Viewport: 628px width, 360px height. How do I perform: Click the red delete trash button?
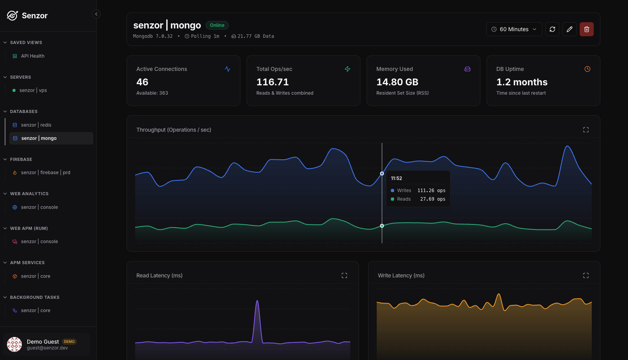click(x=586, y=29)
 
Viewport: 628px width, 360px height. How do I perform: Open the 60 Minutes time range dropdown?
click(x=514, y=29)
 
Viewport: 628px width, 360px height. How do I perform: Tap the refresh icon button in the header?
click(x=552, y=29)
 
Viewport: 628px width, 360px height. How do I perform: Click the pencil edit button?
click(x=570, y=29)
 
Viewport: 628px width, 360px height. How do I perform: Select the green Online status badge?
click(x=217, y=25)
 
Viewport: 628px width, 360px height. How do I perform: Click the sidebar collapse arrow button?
click(x=96, y=14)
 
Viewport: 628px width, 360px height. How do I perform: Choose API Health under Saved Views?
click(x=32, y=56)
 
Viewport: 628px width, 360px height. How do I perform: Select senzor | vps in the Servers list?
click(x=33, y=90)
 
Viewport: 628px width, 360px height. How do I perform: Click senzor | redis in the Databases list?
click(x=36, y=125)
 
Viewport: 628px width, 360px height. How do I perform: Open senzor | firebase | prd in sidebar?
click(x=46, y=173)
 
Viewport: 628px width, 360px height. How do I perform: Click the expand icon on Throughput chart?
click(x=586, y=130)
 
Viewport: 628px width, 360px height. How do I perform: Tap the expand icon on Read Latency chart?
click(x=344, y=275)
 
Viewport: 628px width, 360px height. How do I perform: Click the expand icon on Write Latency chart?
click(x=586, y=275)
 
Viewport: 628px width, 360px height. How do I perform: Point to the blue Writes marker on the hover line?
click(x=382, y=173)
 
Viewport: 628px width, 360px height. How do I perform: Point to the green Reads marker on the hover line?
click(x=382, y=226)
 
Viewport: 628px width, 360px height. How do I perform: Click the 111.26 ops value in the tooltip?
click(x=431, y=191)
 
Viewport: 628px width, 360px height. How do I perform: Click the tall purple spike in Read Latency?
click(x=257, y=319)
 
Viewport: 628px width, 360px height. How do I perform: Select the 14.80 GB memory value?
click(x=397, y=82)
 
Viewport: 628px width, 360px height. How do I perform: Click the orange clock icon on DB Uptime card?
click(x=587, y=69)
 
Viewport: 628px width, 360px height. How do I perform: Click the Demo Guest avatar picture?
click(x=14, y=344)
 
